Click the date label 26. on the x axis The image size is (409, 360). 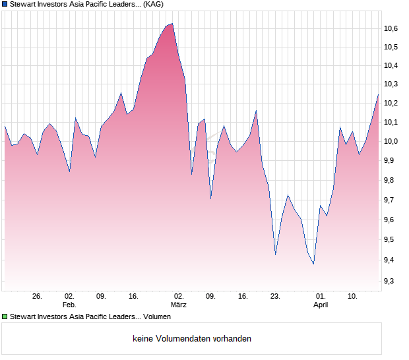tap(37, 296)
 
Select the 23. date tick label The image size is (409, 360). tap(275, 296)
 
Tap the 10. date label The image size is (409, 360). tap(354, 296)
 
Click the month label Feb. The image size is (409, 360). tap(69, 305)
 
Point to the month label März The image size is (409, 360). tap(178, 305)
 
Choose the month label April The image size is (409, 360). tap(321, 305)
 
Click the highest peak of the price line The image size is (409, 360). tap(172, 24)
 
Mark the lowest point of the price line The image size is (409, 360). tap(313, 264)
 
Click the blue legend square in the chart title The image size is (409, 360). tap(5, 4)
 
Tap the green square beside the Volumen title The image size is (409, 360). tap(5, 316)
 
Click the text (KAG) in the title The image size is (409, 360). tap(152, 4)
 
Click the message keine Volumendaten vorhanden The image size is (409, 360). tap(192, 338)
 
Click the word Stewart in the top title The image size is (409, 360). tap(24, 4)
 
